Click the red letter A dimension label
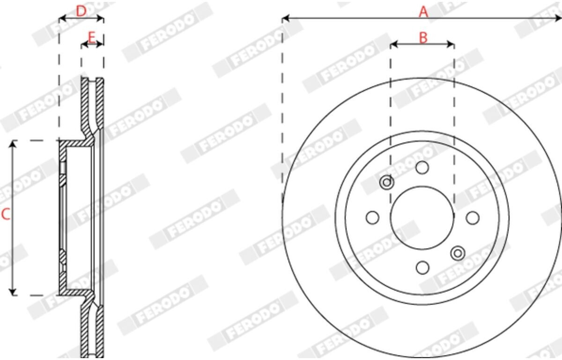coord(423,12)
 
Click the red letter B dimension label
coord(423,38)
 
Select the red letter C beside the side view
coord(6,214)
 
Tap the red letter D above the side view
coord(81,11)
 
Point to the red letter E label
coord(92,37)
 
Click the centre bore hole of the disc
coord(422,217)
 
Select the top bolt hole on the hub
coord(422,168)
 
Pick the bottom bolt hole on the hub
coord(422,268)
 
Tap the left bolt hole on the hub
coord(373,217)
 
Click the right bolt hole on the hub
coord(473,218)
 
